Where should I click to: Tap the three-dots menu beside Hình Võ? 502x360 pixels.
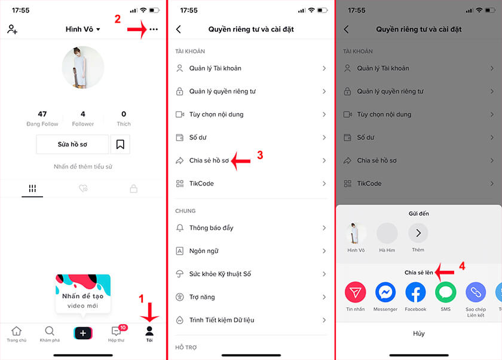click(154, 29)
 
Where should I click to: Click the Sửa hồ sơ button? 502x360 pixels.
click(72, 144)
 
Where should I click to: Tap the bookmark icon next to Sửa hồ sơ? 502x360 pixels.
click(120, 144)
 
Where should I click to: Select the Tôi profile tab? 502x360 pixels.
click(149, 334)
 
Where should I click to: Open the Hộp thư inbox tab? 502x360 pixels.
click(117, 334)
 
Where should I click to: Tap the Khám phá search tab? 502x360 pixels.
click(50, 334)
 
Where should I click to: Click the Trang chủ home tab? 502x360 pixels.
click(16, 334)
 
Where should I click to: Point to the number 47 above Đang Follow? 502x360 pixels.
click(42, 114)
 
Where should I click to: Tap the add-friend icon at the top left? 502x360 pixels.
click(12, 29)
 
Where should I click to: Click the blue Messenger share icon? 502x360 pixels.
click(385, 292)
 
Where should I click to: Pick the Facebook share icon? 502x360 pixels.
click(415, 292)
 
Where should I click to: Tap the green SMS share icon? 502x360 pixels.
click(445, 292)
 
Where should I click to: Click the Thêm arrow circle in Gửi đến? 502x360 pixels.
click(418, 233)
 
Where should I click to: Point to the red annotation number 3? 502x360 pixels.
click(260, 155)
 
